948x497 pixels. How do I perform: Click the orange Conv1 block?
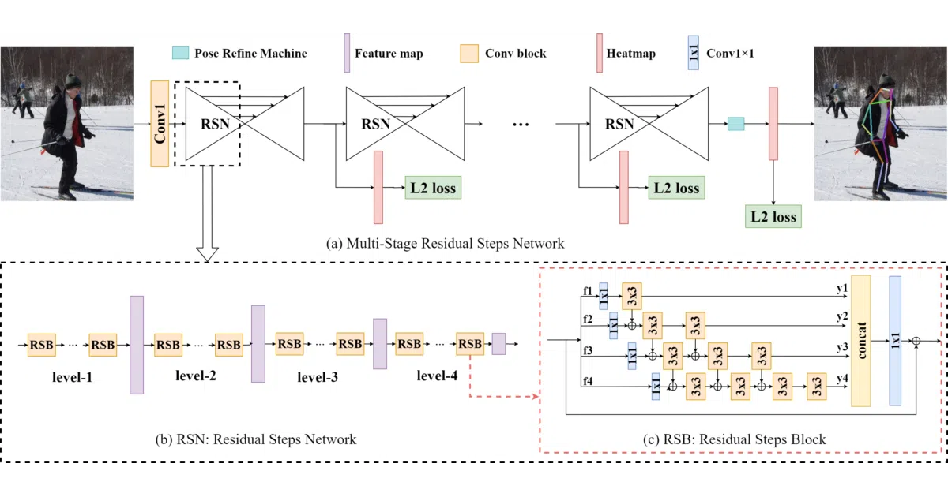click(x=160, y=124)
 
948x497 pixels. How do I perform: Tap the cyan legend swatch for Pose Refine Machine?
click(x=180, y=53)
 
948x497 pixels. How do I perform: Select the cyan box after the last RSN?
click(x=736, y=124)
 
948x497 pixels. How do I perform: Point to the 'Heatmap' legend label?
click(x=630, y=54)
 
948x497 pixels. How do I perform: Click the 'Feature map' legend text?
click(x=389, y=54)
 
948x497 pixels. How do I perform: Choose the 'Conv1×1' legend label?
click(x=730, y=54)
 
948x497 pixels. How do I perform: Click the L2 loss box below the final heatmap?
click(x=773, y=216)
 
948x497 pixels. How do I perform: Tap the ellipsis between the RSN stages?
click(x=521, y=125)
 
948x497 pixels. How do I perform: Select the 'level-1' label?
click(x=72, y=377)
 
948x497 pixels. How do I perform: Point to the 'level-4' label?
click(x=437, y=376)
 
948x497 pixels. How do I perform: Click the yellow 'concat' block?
click(x=861, y=341)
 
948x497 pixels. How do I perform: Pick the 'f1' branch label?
click(x=588, y=291)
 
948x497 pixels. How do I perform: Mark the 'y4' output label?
click(x=842, y=378)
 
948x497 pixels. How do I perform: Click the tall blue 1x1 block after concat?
click(x=895, y=341)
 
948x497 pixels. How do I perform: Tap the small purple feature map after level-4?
click(x=498, y=344)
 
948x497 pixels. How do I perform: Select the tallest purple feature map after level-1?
click(x=137, y=345)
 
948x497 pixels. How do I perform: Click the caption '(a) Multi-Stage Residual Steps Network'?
click(x=446, y=244)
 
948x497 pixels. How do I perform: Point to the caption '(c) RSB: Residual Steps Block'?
click(x=734, y=439)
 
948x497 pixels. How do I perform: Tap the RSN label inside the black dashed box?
click(x=215, y=124)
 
